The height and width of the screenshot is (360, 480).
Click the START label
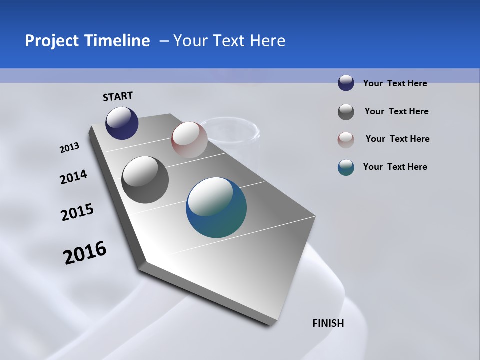(118, 96)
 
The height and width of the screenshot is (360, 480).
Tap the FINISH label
(328, 323)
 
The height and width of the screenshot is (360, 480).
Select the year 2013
(69, 148)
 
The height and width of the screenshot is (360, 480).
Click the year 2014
(73, 177)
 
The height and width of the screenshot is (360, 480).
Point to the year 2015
(77, 212)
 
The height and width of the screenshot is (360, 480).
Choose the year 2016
(85, 252)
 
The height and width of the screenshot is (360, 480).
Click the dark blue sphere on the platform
(122, 123)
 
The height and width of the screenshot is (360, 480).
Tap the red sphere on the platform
(189, 139)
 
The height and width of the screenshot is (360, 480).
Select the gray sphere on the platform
(145, 180)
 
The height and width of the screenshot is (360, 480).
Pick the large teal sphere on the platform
(216, 207)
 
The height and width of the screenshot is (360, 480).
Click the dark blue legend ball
(346, 83)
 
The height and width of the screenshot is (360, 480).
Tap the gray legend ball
(346, 112)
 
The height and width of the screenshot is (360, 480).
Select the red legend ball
(346, 140)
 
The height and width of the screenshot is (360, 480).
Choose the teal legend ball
(346, 167)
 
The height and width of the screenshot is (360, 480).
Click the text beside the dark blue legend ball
(395, 83)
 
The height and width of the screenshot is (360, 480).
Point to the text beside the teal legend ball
(395, 167)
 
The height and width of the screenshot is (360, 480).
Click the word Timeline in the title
(117, 41)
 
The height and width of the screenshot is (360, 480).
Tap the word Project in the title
(51, 41)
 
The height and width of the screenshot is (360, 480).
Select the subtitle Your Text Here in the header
(229, 41)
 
